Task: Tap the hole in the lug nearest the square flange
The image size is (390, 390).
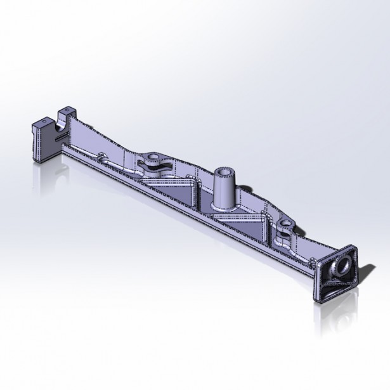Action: coord(286,223)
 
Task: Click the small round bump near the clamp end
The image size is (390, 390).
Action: coord(101,154)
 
